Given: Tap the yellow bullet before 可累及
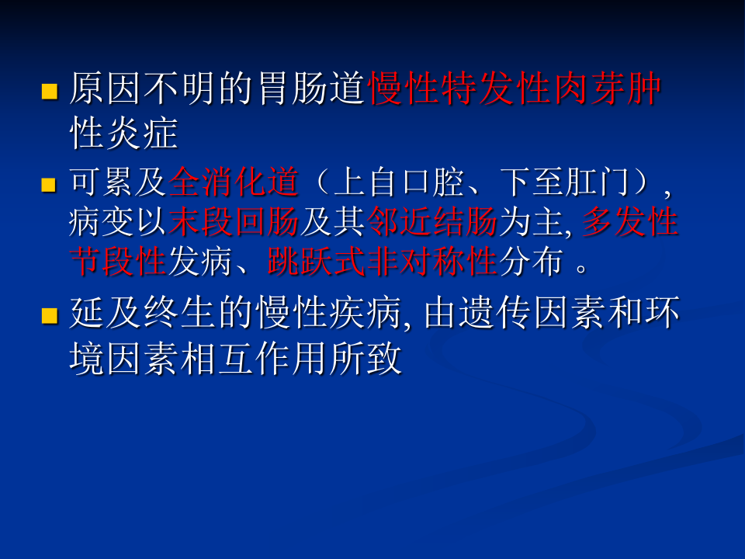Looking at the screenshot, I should [x=50, y=185].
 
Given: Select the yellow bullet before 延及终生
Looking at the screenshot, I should [x=50, y=316].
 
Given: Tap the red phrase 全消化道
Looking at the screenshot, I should [x=234, y=183].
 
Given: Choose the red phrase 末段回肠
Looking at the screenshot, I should [x=234, y=224].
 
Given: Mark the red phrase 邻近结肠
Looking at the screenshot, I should [x=432, y=224].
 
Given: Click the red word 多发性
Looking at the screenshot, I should [x=630, y=224].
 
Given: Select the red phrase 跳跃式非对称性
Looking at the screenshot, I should [x=382, y=262].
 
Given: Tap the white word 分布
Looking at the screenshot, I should [x=530, y=262].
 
